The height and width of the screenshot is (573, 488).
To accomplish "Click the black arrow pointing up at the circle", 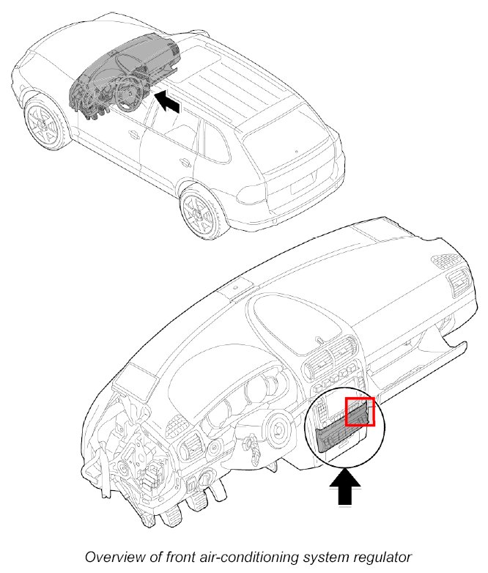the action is pyautogui.click(x=344, y=487).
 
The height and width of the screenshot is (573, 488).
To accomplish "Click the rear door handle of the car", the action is pyautogui.click(x=185, y=163).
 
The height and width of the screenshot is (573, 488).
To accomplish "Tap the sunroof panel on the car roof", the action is pyautogui.click(x=204, y=60).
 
